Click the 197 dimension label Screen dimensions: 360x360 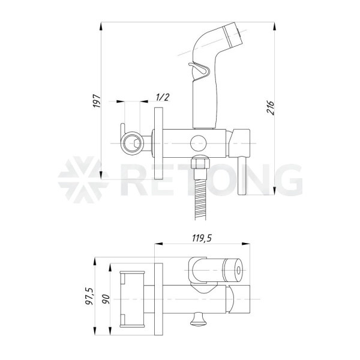pos(97,101)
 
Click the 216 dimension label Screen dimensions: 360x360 pos(270,107)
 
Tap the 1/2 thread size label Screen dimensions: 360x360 pos(163,97)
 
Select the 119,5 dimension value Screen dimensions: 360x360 pos(202,238)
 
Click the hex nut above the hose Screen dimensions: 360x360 pos(200,163)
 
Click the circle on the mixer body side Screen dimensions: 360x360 pos(198,143)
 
